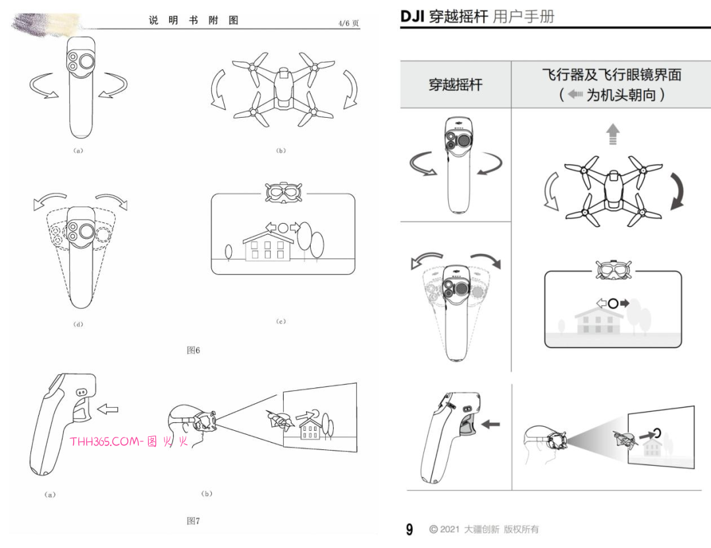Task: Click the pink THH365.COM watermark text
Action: (129, 441)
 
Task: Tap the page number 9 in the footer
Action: (409, 530)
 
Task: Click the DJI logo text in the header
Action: (411, 16)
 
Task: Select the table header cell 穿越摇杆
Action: (456, 84)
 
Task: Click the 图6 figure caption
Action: (193, 350)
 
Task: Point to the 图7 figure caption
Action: (193, 521)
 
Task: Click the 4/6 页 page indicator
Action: (348, 23)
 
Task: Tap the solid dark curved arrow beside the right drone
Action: (677, 191)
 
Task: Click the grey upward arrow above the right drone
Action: (613, 134)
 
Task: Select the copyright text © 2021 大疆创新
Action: (464, 530)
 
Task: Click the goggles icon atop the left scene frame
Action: (283, 193)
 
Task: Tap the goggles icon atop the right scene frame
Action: (614, 270)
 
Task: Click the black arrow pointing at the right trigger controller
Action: (490, 425)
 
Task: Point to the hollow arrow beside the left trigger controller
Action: (108, 409)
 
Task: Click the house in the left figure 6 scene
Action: (268, 245)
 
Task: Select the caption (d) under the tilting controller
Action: (78, 324)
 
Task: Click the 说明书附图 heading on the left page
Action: (194, 20)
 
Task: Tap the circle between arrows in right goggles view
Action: (613, 303)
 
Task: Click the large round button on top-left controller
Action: (86, 61)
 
